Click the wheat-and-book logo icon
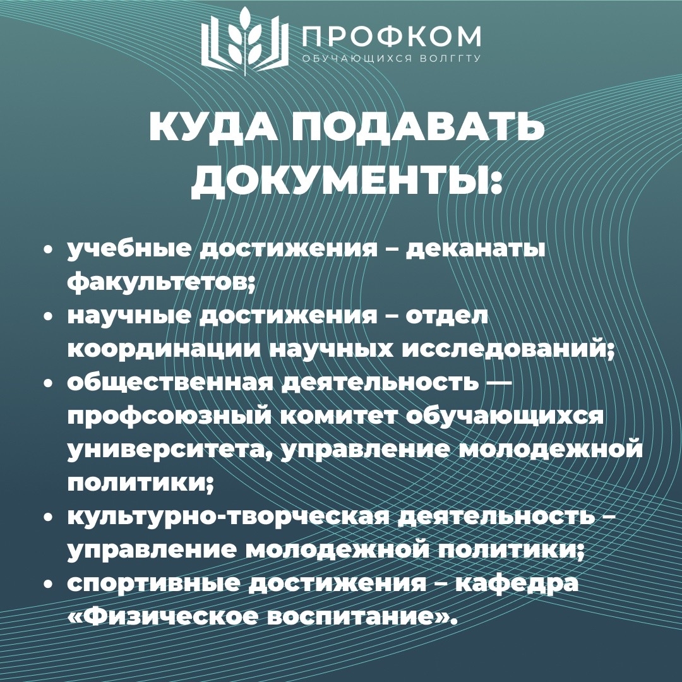tap(244, 41)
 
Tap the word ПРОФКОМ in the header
tap(392, 36)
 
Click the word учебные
tap(129, 249)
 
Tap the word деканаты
tap(476, 249)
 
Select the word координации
tap(164, 350)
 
